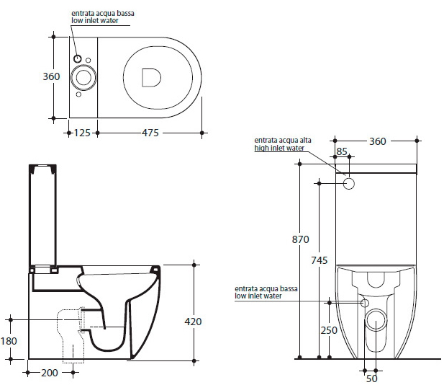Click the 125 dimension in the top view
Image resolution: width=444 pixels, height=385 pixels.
point(82,133)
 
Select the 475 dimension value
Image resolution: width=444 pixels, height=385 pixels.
point(150,133)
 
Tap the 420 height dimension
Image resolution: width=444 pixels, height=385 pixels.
point(193,322)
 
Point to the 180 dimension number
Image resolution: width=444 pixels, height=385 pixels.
point(9,341)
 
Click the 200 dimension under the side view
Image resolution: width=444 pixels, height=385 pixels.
point(50,373)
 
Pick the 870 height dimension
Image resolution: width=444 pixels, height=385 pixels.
point(300,240)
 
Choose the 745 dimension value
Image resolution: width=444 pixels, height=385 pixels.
point(319,260)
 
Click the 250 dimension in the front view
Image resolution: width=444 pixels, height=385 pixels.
point(329,330)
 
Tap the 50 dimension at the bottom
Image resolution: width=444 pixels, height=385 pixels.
point(372,379)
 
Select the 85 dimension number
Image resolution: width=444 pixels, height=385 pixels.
point(342,151)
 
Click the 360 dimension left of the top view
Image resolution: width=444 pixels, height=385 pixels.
point(51,76)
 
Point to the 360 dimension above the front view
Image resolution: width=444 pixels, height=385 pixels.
point(378,141)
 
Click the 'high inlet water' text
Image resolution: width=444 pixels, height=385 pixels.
point(279,148)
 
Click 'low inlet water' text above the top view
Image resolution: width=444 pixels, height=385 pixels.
point(95,20)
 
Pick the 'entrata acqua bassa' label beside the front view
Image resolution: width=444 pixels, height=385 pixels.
point(266,289)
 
